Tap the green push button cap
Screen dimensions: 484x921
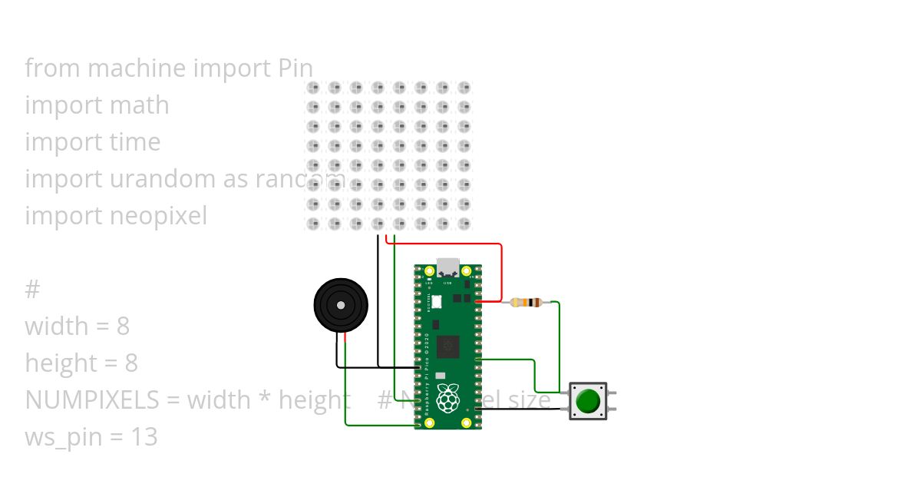click(x=588, y=401)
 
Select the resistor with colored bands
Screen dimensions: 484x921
click(x=527, y=302)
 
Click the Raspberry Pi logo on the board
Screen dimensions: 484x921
click(x=448, y=398)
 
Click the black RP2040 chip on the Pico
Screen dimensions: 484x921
click(x=447, y=347)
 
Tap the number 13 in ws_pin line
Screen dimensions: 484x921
click(x=143, y=437)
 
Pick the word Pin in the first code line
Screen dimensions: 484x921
click(x=294, y=68)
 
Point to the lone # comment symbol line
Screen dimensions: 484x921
click(x=31, y=290)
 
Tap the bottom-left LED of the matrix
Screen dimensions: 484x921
click(x=313, y=224)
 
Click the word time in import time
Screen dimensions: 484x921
click(x=134, y=142)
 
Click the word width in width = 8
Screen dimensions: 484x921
click(x=55, y=327)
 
